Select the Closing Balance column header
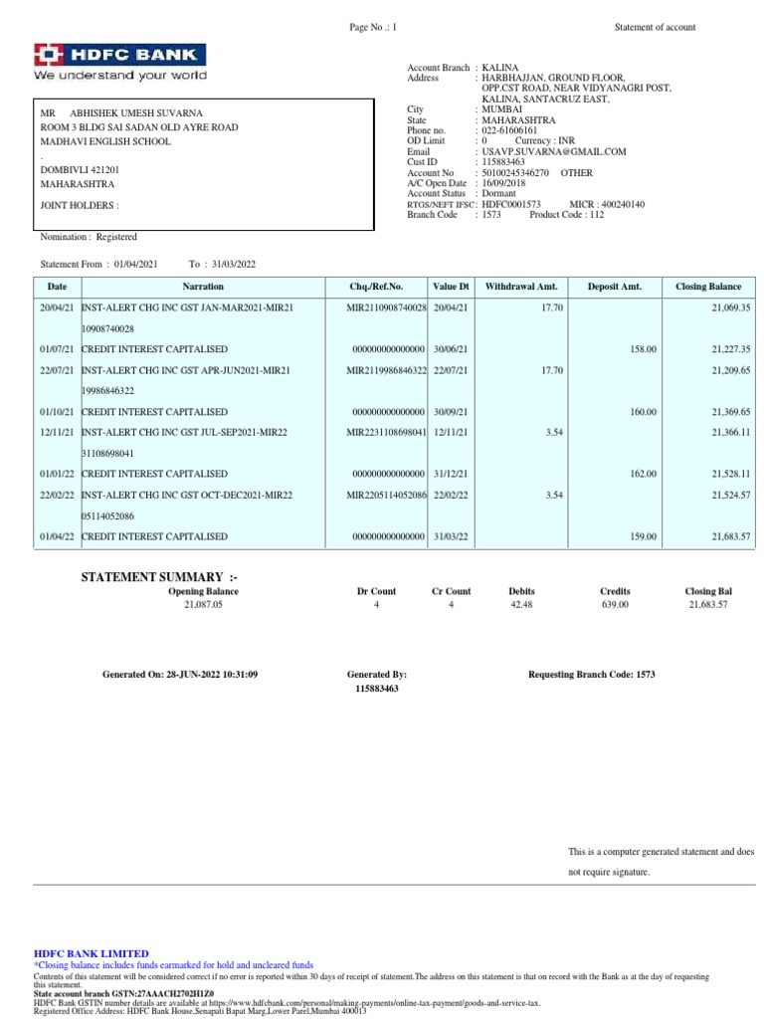pyautogui.click(x=707, y=286)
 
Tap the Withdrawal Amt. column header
pyautogui.click(x=521, y=286)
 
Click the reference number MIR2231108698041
pyautogui.click(x=386, y=432)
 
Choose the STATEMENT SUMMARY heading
pyautogui.click(x=159, y=577)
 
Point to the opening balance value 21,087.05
pyautogui.click(x=203, y=605)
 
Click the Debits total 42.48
pyautogui.click(x=521, y=605)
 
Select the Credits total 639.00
pyautogui.click(x=615, y=605)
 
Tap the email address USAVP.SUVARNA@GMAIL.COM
pyautogui.click(x=554, y=151)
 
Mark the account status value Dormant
pyautogui.click(x=499, y=193)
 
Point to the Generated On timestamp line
pyautogui.click(x=180, y=675)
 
